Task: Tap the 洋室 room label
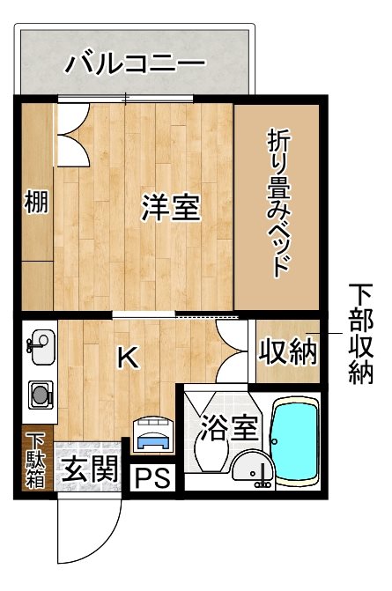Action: (172, 208)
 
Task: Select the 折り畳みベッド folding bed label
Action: (277, 204)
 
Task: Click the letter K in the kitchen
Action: (128, 358)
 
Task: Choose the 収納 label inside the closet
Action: (286, 352)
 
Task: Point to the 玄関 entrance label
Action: (89, 468)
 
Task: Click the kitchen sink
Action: (38, 346)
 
